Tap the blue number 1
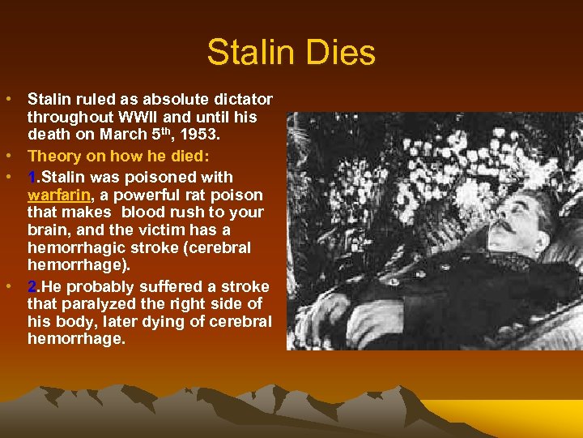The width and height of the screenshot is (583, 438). coord(32,177)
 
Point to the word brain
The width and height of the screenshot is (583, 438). coord(48,230)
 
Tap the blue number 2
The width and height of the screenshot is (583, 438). coord(32,286)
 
